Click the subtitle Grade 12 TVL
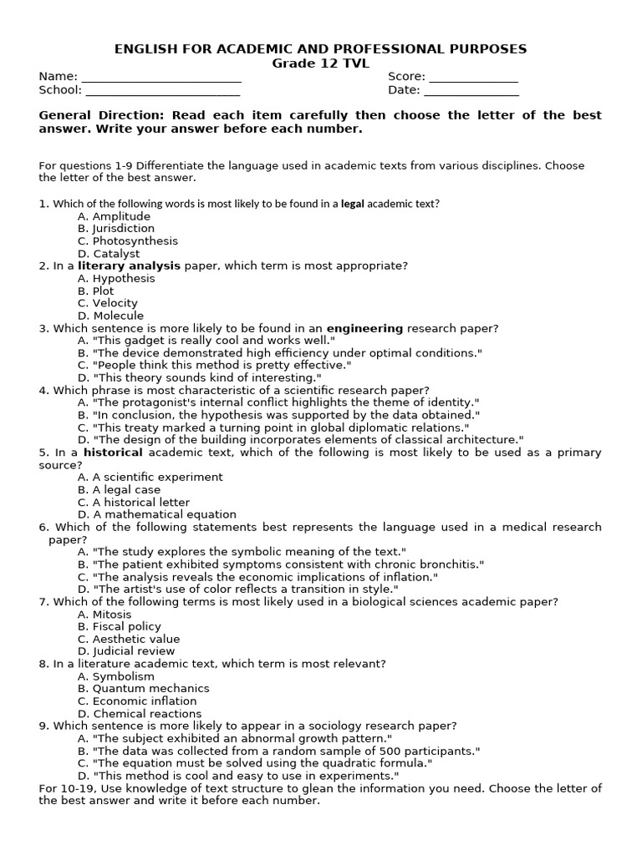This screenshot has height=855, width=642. (320, 63)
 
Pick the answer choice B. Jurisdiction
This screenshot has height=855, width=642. (116, 228)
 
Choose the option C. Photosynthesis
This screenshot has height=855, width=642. (128, 240)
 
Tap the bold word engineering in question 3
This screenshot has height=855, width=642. (364, 328)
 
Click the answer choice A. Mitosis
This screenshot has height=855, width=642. (104, 614)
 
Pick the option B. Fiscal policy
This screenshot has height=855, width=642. (120, 626)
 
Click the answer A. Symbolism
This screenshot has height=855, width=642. (116, 676)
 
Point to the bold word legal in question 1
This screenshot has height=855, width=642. (353, 204)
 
